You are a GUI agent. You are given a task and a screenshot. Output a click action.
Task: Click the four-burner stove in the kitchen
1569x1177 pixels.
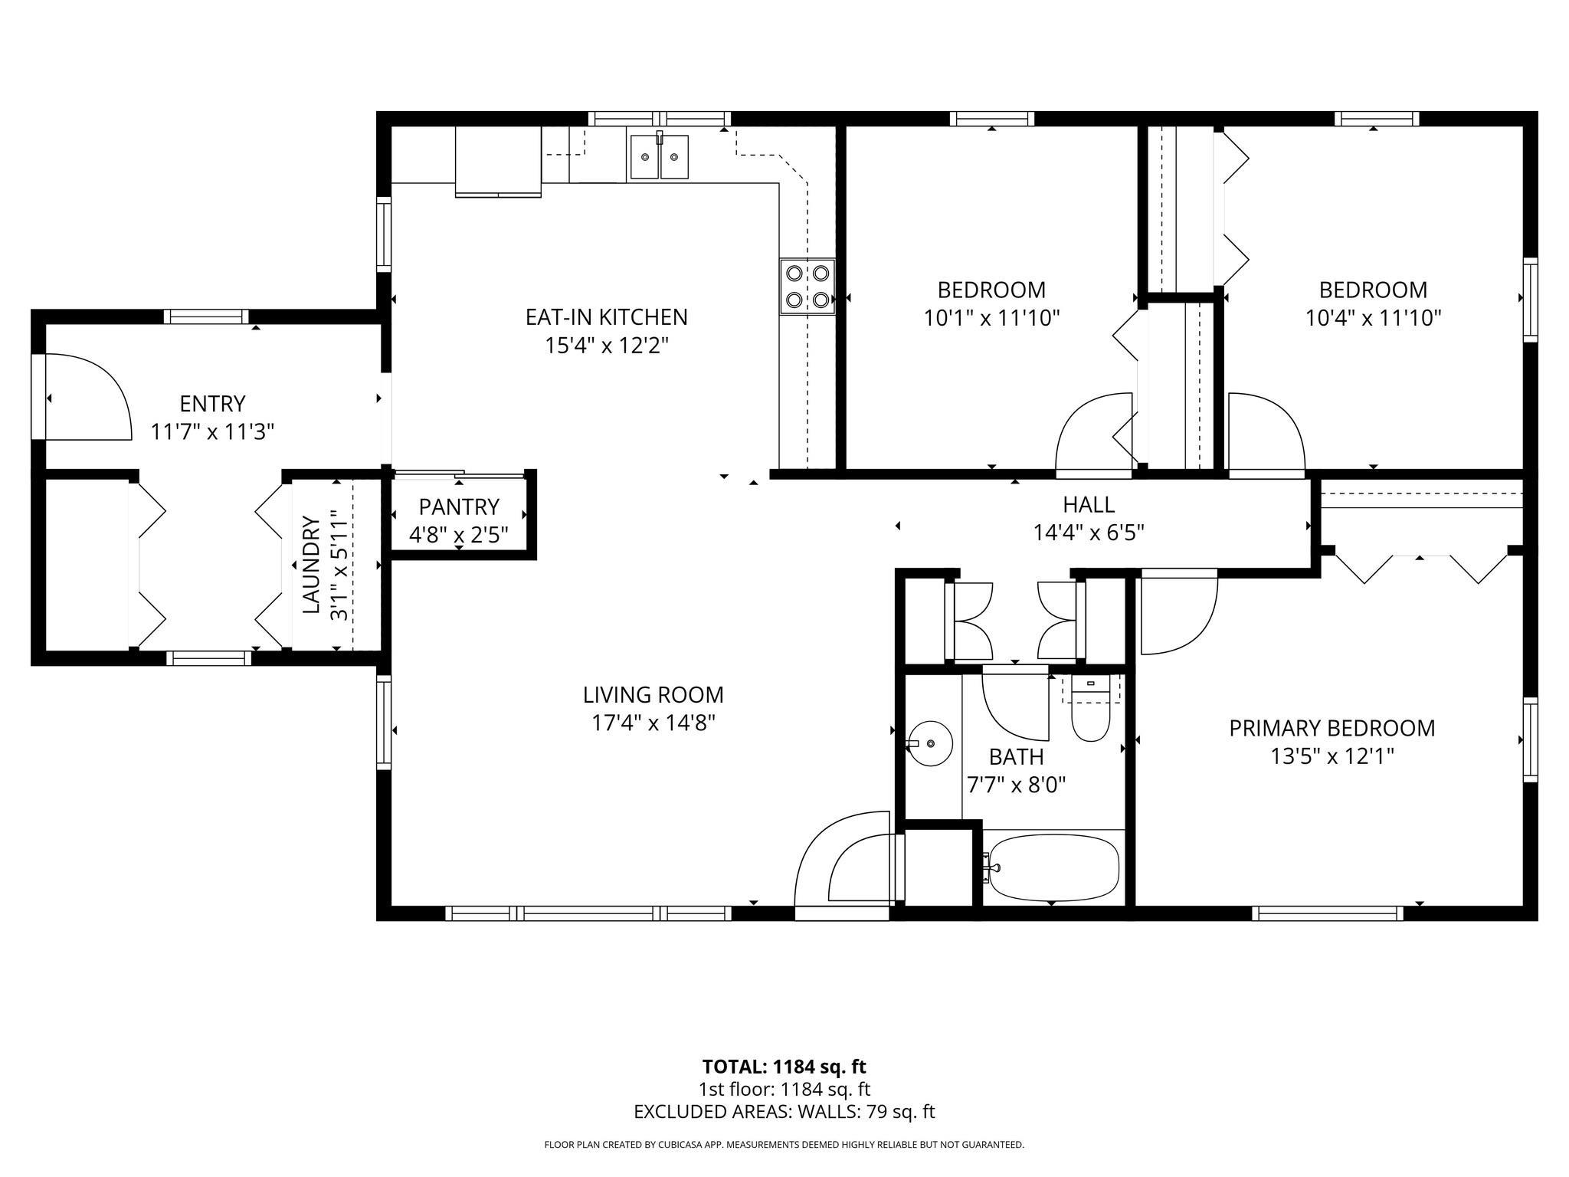tap(807, 287)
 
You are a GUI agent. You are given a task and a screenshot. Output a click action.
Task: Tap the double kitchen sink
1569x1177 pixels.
tap(659, 156)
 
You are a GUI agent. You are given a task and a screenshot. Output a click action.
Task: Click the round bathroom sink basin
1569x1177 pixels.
tap(930, 743)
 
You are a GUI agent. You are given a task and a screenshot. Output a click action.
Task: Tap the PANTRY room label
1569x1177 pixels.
tap(459, 507)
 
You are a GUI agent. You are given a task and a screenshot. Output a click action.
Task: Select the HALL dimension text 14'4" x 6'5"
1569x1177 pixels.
tap(1089, 532)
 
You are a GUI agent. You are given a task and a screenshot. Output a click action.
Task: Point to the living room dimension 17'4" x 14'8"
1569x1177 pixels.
tap(653, 723)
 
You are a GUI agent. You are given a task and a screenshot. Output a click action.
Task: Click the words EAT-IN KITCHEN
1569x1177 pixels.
tap(606, 316)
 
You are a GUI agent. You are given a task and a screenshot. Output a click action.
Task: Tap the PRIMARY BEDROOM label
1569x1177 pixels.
tap(1332, 728)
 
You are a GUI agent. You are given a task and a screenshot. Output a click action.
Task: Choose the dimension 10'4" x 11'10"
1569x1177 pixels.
tap(1374, 317)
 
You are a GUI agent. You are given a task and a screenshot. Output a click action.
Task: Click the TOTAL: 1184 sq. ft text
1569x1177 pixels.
tap(784, 1067)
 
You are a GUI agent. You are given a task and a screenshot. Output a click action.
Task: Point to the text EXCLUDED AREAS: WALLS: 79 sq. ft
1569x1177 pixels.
tap(784, 1112)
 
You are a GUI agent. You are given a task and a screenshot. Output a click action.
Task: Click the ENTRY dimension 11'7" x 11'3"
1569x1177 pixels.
tap(212, 431)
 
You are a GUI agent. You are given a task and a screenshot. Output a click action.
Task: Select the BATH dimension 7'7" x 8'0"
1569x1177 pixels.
tap(1017, 785)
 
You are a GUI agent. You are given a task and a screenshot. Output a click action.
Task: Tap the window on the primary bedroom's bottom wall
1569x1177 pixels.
tap(1328, 913)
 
